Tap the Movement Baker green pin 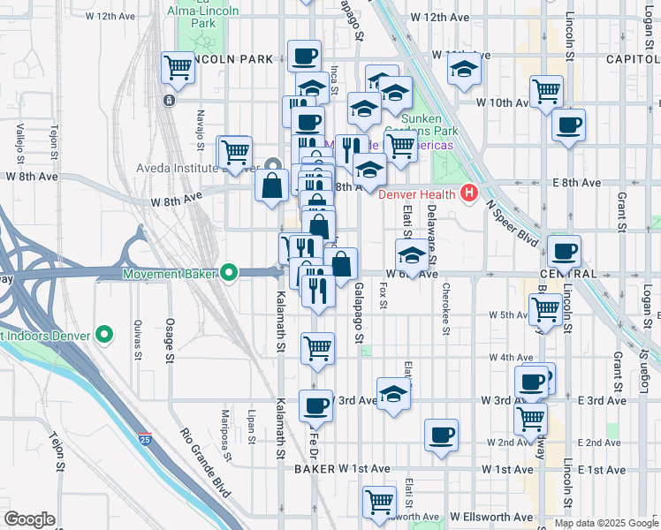click(230, 273)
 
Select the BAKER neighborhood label click(316, 468)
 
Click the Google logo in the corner click(29, 519)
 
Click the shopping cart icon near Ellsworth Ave click(380, 502)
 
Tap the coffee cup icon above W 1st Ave click(441, 435)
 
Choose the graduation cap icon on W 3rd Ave click(393, 394)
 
